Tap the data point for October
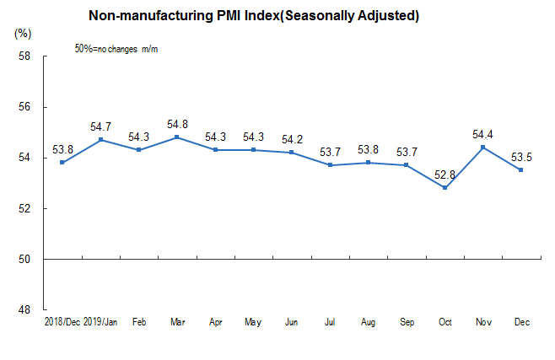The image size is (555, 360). [445, 187]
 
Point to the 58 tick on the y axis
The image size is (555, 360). [24, 56]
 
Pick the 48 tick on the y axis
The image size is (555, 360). [24, 309]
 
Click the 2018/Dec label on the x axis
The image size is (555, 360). [62, 322]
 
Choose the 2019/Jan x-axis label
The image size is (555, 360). [101, 322]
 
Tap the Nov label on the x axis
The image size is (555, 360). [482, 322]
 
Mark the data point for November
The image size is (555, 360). [482, 148]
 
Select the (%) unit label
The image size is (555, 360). [23, 34]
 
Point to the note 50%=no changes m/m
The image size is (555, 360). [116, 50]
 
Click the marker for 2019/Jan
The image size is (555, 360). [101, 140]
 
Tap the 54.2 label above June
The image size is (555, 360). [292, 138]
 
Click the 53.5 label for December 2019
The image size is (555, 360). [520, 156]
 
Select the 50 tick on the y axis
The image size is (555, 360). [24, 259]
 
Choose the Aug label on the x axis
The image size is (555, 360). [368, 322]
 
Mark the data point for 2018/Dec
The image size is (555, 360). [62, 163]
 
